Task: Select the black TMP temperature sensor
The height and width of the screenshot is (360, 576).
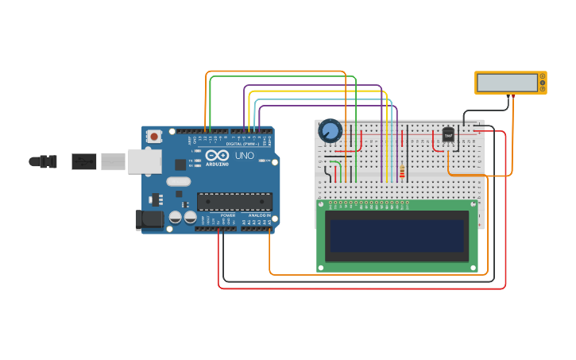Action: coord(448,136)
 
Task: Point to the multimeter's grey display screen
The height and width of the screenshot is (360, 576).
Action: coord(507,83)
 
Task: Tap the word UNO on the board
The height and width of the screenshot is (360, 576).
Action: coord(245,156)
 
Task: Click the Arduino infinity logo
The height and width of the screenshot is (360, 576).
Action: coord(217,155)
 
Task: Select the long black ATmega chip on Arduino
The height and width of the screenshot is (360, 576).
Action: coord(234,202)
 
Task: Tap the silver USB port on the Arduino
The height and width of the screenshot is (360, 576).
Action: coord(144,161)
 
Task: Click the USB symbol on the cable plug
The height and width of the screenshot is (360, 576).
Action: coord(83,161)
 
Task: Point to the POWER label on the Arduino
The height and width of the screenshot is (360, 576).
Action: coord(227,215)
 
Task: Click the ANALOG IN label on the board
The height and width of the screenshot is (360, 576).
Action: coord(260,215)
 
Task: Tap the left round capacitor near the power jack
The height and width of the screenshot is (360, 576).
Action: coord(176,217)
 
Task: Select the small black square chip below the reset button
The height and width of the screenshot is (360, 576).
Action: coord(180,165)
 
